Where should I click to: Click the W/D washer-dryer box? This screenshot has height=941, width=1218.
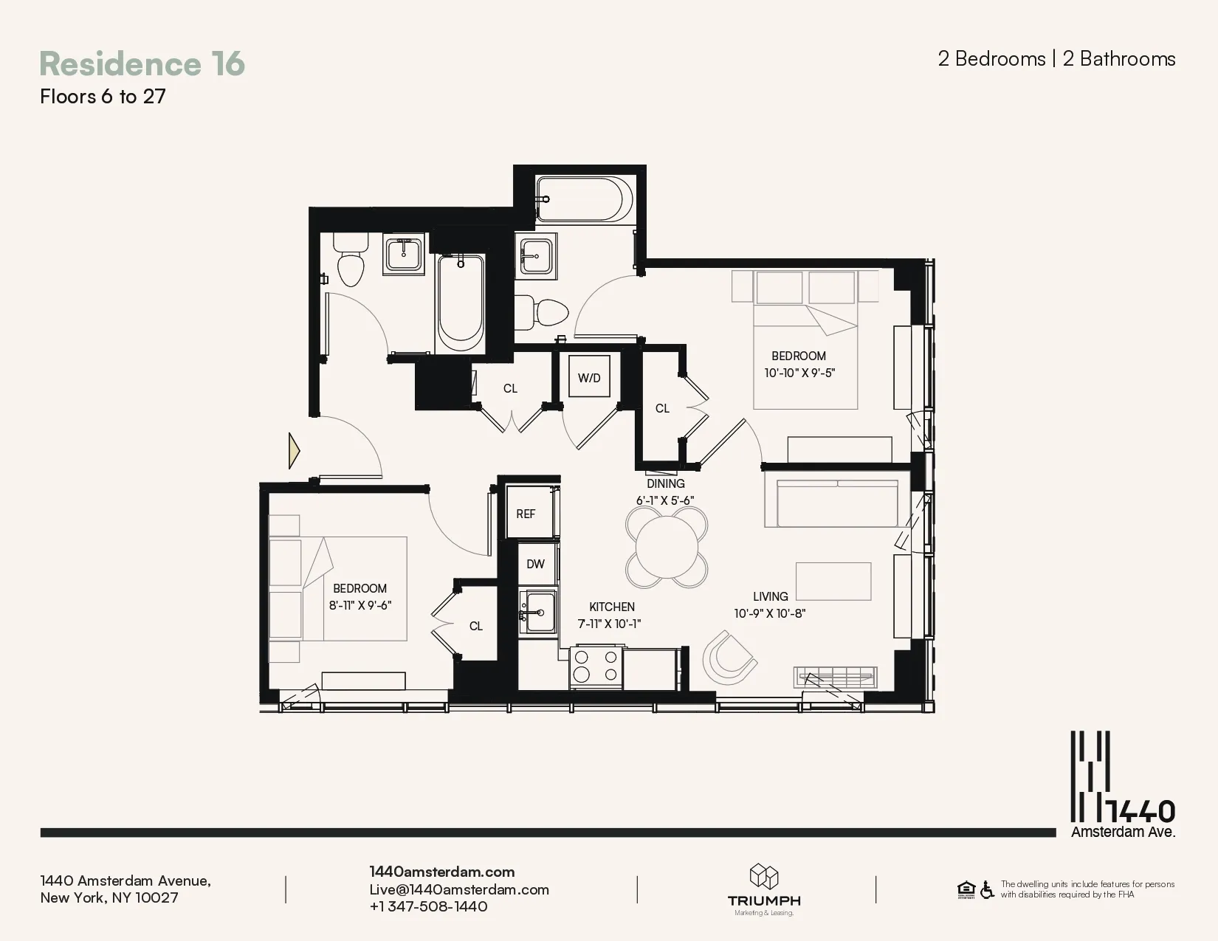589,378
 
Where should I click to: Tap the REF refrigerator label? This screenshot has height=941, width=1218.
526,514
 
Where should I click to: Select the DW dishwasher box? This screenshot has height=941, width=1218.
536,564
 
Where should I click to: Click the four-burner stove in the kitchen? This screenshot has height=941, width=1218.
596,665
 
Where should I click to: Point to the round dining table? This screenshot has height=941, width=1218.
667,547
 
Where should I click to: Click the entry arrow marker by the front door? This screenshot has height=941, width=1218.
294,450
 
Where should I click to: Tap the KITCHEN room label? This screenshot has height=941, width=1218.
611,607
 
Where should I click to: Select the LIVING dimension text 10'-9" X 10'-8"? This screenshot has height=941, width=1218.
769,613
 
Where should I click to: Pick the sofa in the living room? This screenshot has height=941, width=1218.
831,502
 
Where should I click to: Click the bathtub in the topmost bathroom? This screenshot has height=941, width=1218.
583,199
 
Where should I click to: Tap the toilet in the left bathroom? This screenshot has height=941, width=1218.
350,262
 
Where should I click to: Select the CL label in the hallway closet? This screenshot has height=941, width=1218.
510,388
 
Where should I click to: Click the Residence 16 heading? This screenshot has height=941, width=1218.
142,63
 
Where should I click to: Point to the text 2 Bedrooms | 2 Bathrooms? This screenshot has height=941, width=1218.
1056,59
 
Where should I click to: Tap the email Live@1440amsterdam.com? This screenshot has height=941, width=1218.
459,889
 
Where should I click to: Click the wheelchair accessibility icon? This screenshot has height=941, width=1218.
987,890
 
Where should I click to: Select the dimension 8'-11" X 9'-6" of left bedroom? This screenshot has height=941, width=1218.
359,605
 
